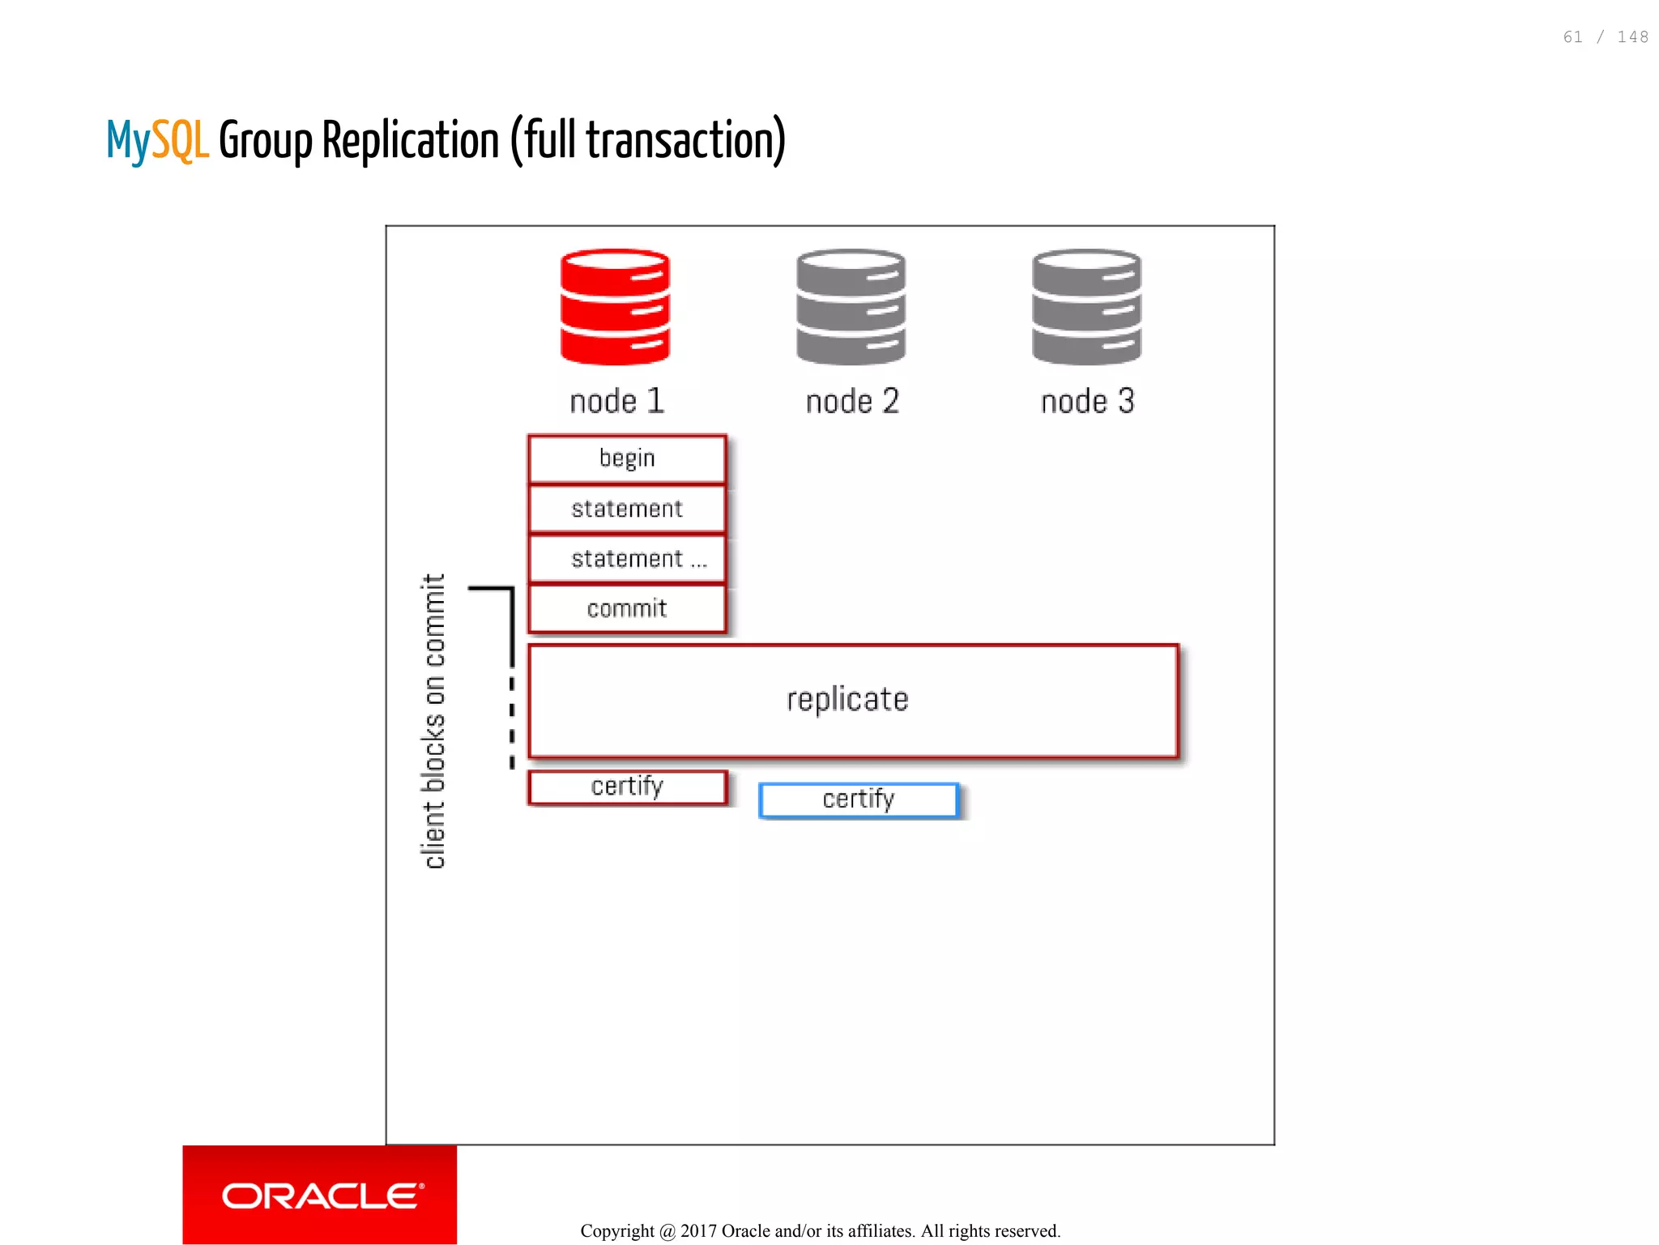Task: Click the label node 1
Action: (617, 401)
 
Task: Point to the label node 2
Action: (852, 401)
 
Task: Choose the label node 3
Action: (1087, 401)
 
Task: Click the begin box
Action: (627, 459)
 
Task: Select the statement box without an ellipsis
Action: (627, 509)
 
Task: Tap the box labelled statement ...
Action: (627, 559)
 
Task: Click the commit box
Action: (627, 608)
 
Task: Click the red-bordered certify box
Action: (627, 787)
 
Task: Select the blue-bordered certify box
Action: (859, 799)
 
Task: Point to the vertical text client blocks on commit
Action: (434, 721)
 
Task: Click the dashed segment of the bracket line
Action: (512, 721)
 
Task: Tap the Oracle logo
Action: (321, 1196)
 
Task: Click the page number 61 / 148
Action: (1606, 37)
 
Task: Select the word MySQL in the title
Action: (158, 141)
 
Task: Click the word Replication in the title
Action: (411, 141)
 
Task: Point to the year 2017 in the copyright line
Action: (699, 1231)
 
